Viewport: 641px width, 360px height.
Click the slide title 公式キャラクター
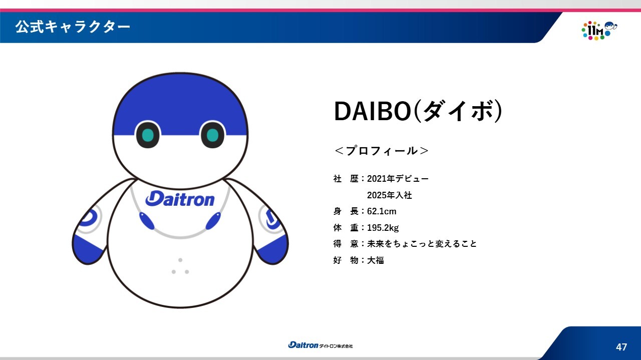pyautogui.click(x=73, y=27)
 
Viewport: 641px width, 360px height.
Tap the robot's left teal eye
pyautogui.click(x=148, y=135)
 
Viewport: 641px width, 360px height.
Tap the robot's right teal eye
pyautogui.click(x=213, y=135)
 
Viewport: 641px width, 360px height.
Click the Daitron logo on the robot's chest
pyautogui.click(x=180, y=199)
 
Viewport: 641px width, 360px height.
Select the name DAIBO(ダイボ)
pyautogui.click(x=418, y=111)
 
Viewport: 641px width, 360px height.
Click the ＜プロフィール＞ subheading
pyautogui.click(x=382, y=151)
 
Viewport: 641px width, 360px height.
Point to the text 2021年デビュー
pyautogui.click(x=398, y=179)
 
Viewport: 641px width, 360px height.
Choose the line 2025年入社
pyautogui.click(x=390, y=195)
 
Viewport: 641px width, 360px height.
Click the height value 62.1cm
pyautogui.click(x=382, y=211)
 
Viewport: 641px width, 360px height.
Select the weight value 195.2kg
pyautogui.click(x=383, y=228)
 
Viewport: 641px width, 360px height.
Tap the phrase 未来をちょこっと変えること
pyautogui.click(x=422, y=244)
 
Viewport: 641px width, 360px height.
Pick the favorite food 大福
pyautogui.click(x=376, y=260)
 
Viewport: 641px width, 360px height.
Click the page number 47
pyautogui.click(x=621, y=347)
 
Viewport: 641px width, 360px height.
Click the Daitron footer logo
pyautogui.click(x=320, y=345)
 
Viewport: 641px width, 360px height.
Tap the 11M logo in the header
pyautogui.click(x=599, y=31)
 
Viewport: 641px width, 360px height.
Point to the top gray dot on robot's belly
pyautogui.click(x=180, y=260)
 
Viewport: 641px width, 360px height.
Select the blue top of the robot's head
pyautogui.click(x=180, y=103)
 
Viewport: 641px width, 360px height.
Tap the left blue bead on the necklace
pyautogui.click(x=147, y=221)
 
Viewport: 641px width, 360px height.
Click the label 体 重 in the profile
pyautogui.click(x=346, y=228)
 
